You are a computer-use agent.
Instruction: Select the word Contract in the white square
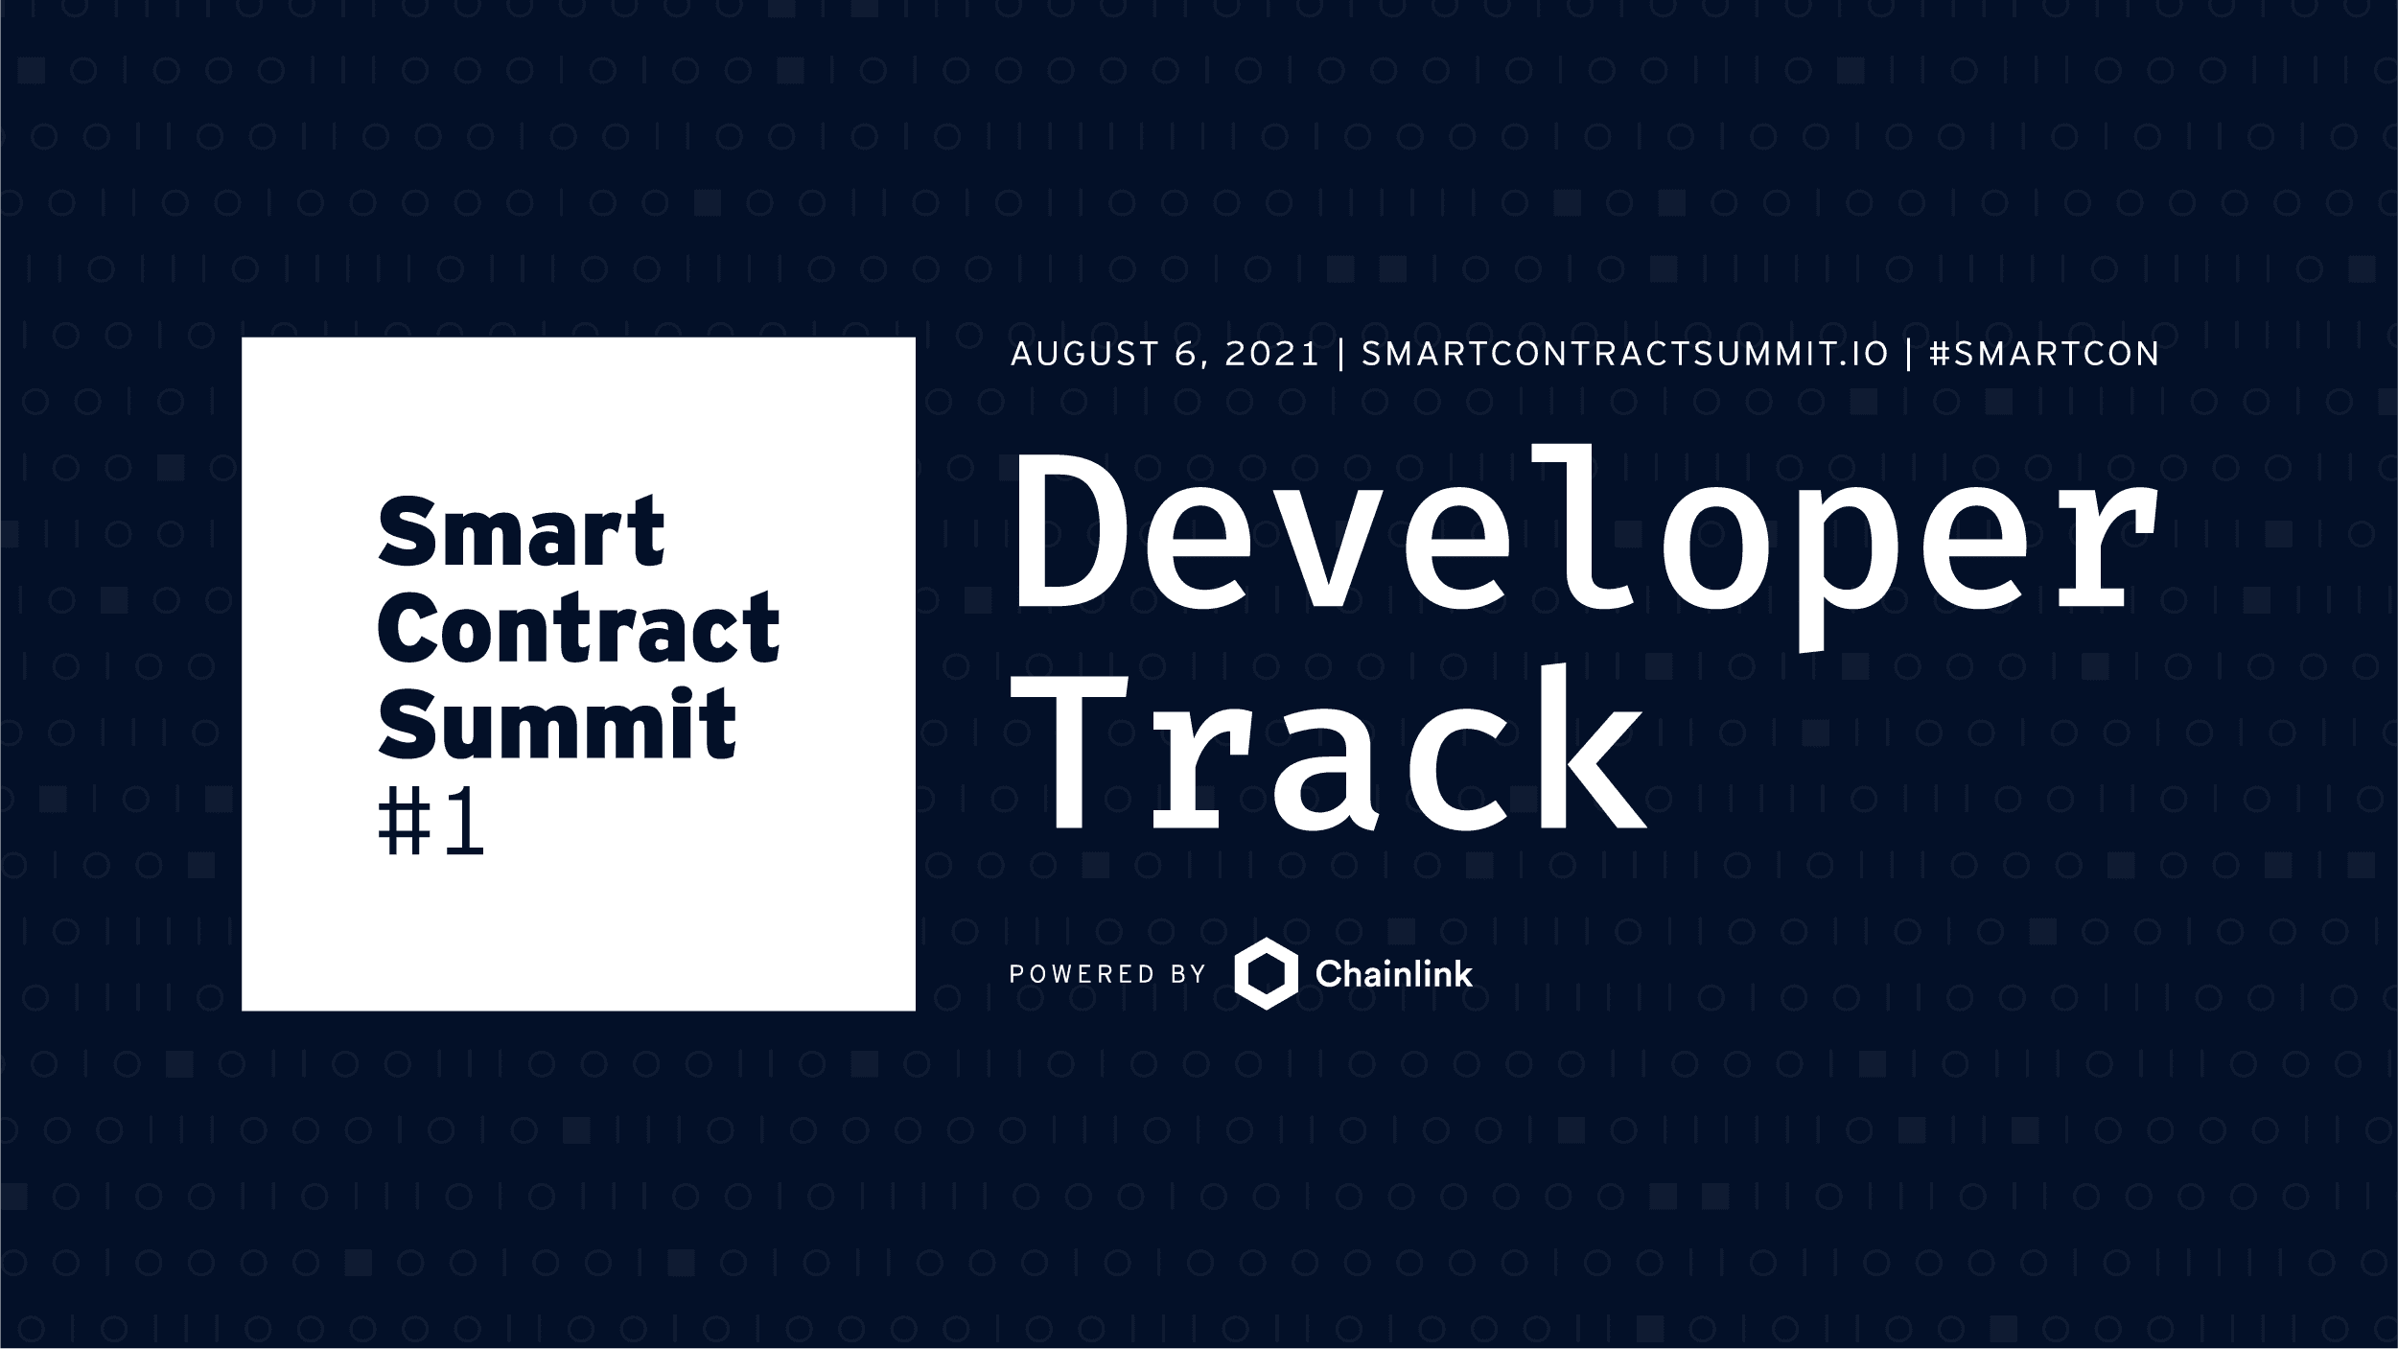click(x=578, y=628)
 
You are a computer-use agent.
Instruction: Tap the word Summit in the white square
click(x=556, y=724)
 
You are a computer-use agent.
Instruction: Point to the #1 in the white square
click(x=431, y=825)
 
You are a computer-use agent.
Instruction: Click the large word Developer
click(x=1583, y=542)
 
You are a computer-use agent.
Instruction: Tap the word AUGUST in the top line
click(x=1084, y=354)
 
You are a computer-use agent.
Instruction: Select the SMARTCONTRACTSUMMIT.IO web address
click(x=1624, y=354)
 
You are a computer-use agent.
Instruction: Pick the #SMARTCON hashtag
click(x=2043, y=354)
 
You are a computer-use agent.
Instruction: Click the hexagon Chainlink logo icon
click(x=1266, y=974)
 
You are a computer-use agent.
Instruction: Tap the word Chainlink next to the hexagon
click(x=1393, y=975)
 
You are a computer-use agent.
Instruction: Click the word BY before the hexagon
click(x=1188, y=975)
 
